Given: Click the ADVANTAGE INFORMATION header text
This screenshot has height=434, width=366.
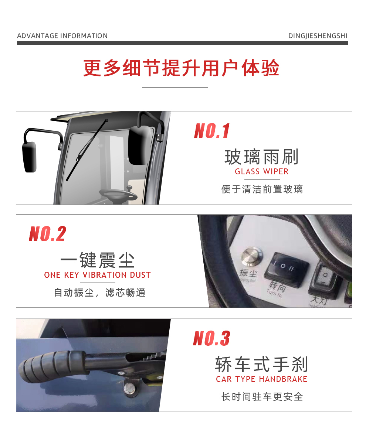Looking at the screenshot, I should [x=62, y=36].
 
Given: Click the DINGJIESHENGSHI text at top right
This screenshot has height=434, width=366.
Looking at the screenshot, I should [x=318, y=36].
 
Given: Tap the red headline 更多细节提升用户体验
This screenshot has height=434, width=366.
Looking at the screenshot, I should [x=181, y=68].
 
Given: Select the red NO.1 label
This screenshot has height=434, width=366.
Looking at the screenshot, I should [x=212, y=131].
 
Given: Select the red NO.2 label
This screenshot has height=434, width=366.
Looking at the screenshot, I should [x=47, y=234].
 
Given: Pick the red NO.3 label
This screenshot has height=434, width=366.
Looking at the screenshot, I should [x=211, y=338].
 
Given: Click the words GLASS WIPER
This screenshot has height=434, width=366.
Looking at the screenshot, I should [x=262, y=172].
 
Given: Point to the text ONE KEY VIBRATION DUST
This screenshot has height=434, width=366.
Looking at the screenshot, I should [x=97, y=275].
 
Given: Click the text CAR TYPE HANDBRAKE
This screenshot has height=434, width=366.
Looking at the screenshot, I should [x=262, y=379].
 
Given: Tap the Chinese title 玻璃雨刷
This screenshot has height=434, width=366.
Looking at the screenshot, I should [x=262, y=157].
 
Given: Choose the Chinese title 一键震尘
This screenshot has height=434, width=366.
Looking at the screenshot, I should [x=97, y=260].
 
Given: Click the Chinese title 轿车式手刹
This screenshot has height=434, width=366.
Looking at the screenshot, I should [x=262, y=365].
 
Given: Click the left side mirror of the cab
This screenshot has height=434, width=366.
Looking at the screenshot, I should [x=30, y=157].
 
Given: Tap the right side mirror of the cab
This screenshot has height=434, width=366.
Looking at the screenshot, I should [x=140, y=145].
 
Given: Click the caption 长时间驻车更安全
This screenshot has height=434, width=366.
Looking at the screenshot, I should [x=262, y=397].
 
